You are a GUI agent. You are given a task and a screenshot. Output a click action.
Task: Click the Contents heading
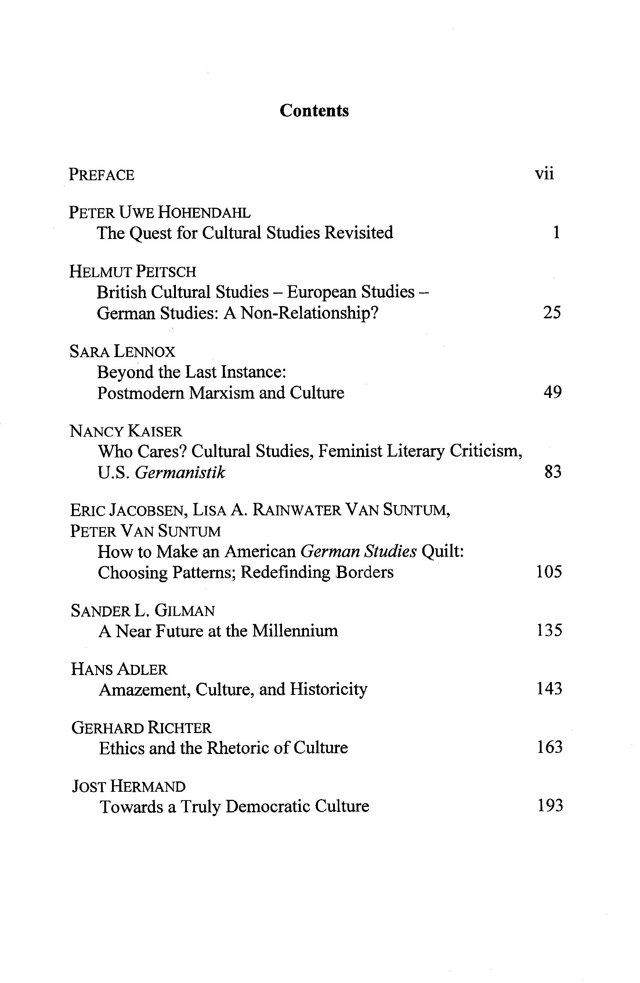tap(314, 111)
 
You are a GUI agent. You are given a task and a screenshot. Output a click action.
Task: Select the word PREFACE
tap(101, 175)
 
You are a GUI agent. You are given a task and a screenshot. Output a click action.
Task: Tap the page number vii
tap(544, 174)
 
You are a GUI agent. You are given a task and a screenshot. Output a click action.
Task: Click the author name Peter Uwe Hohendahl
tap(159, 213)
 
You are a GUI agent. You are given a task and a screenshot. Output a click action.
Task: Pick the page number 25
tap(552, 313)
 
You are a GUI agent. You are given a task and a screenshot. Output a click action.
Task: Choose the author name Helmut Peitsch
tap(133, 272)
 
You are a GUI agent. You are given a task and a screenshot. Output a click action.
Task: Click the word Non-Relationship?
tap(310, 313)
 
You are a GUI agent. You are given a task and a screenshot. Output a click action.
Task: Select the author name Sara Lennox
tap(122, 352)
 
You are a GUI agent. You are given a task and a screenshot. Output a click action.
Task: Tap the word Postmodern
tap(141, 393)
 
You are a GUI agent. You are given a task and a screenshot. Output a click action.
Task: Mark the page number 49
tap(552, 392)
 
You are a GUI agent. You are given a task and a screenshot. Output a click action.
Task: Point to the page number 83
tap(553, 472)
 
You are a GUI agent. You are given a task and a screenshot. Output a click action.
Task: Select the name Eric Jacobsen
tap(128, 511)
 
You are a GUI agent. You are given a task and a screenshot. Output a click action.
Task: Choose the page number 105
tap(549, 572)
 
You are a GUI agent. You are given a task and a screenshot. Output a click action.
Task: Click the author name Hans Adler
tap(119, 670)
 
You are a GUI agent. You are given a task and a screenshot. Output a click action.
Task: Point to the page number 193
tap(550, 806)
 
